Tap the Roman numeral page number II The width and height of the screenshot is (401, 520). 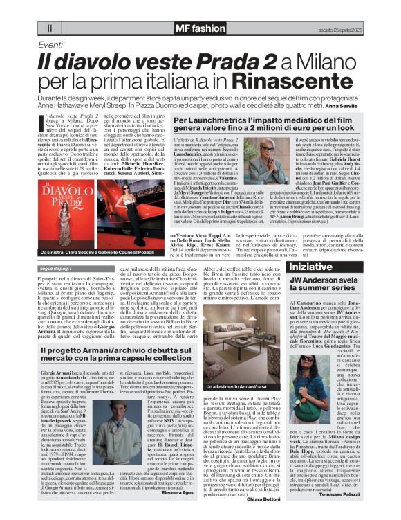click(x=50, y=29)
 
